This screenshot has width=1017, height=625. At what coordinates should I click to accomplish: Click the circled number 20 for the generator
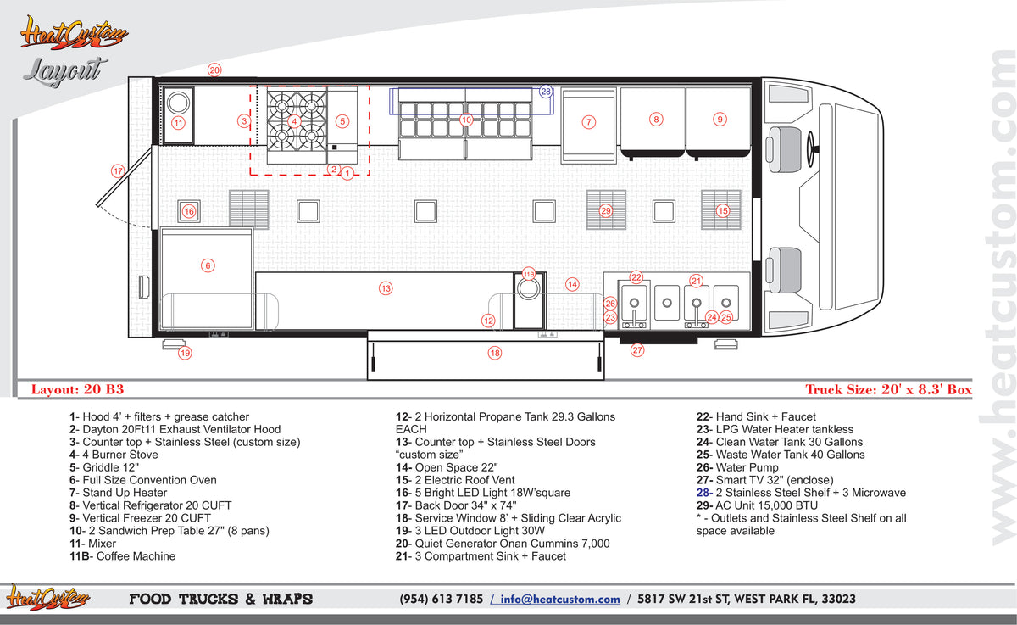pos(214,70)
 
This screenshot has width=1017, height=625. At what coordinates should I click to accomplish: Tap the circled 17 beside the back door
pos(118,171)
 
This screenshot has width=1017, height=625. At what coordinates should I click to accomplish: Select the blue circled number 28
pos(546,92)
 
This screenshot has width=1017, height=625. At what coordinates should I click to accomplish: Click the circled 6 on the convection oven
pos(208,265)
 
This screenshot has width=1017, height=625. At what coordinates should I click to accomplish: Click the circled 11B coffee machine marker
pos(529,275)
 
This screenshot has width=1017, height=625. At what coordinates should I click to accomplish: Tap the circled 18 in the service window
pos(494,353)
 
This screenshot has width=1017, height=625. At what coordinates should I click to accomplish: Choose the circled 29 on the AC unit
pos(606,211)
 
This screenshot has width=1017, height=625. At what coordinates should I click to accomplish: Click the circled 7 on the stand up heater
pos(588,122)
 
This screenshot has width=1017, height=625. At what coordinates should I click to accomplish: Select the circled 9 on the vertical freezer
pos(720,120)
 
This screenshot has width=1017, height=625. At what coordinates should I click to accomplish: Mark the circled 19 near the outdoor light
pos(185,353)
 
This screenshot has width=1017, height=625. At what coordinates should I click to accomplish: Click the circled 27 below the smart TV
pos(637,349)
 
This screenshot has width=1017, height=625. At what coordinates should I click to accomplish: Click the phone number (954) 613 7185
pos(441,599)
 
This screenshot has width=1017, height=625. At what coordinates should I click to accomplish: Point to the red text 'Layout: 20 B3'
pos(77,389)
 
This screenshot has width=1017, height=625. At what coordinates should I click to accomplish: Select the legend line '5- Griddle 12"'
pos(104,467)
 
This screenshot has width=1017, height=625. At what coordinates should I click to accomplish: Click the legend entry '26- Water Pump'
pos(737,467)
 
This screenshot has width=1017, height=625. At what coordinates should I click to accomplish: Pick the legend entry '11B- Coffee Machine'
pos(122,556)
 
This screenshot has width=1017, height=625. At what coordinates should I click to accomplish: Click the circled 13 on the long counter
pos(386,288)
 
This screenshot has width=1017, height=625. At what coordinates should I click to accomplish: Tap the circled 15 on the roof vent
pos(723,211)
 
